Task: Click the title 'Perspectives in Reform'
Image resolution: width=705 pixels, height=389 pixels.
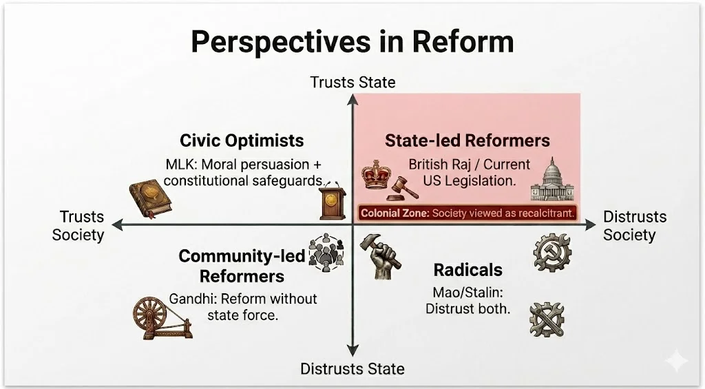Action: pyautogui.click(x=352, y=42)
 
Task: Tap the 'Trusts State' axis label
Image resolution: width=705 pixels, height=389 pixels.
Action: pyautogui.click(x=352, y=83)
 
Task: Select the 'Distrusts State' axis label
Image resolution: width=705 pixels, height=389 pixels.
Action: pyautogui.click(x=352, y=369)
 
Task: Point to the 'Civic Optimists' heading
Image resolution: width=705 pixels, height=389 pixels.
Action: pyautogui.click(x=242, y=140)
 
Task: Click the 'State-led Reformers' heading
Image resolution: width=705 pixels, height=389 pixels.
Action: pyautogui.click(x=467, y=140)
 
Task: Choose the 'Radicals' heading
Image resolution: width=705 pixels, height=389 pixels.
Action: pyautogui.click(x=468, y=270)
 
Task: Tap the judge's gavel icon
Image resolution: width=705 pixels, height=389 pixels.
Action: pyautogui.click(x=402, y=189)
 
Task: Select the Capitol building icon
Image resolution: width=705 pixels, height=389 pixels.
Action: pyautogui.click(x=552, y=179)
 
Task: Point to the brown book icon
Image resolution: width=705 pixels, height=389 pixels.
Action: pyautogui.click(x=150, y=200)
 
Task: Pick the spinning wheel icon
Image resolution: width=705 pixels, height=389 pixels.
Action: pyautogui.click(x=162, y=317)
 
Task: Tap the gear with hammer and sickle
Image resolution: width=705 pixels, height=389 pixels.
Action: pyautogui.click(x=552, y=252)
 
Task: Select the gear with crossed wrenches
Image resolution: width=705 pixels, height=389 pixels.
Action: pyautogui.click(x=547, y=319)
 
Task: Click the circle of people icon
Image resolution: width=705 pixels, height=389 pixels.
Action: pyautogui.click(x=326, y=253)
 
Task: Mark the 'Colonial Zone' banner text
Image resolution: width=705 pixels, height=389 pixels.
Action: pyautogui.click(x=467, y=213)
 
